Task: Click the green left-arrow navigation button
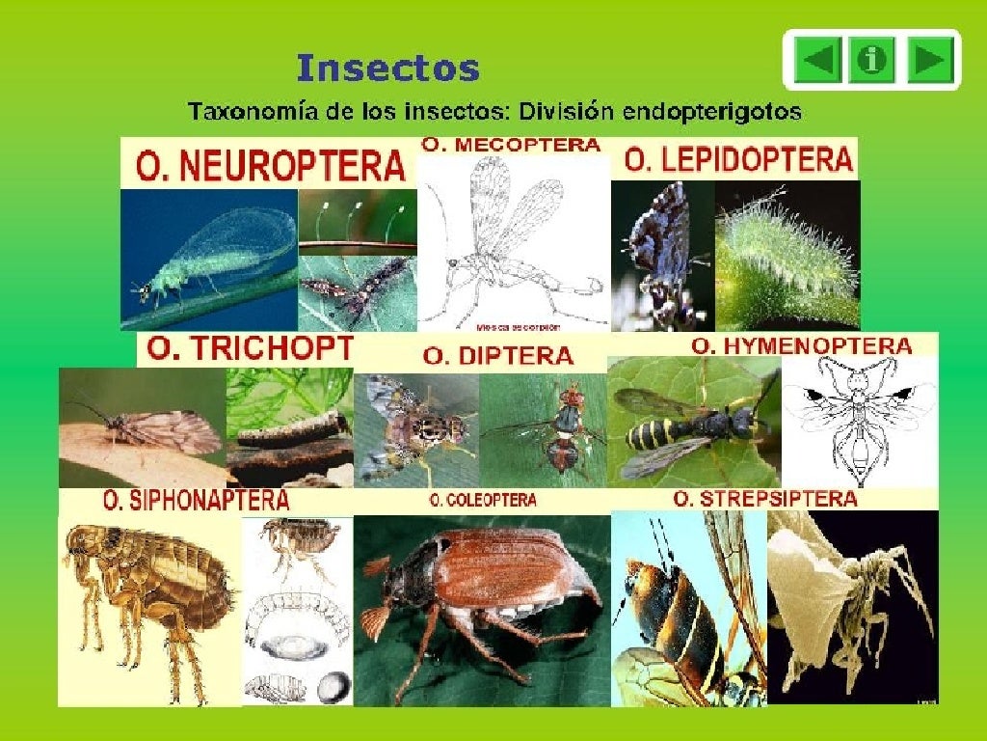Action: [818, 60]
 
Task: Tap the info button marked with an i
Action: [872, 60]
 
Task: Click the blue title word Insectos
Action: [387, 69]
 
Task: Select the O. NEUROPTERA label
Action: [271, 166]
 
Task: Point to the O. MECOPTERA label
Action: [512, 146]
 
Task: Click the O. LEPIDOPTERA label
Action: [739, 159]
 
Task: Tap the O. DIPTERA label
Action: [498, 355]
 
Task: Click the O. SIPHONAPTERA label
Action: [196, 501]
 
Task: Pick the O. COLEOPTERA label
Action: [483, 501]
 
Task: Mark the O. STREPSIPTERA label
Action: [765, 499]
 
